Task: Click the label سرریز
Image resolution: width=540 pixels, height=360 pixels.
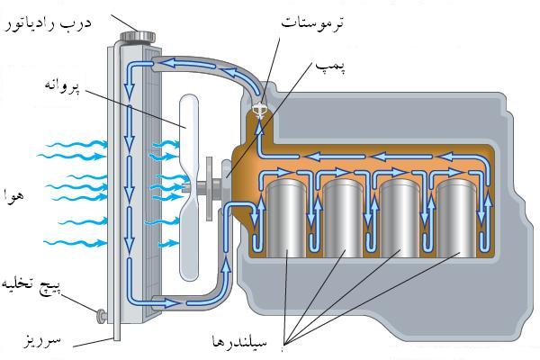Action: coord(42,343)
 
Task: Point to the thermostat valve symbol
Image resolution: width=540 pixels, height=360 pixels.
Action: coord(261,112)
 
